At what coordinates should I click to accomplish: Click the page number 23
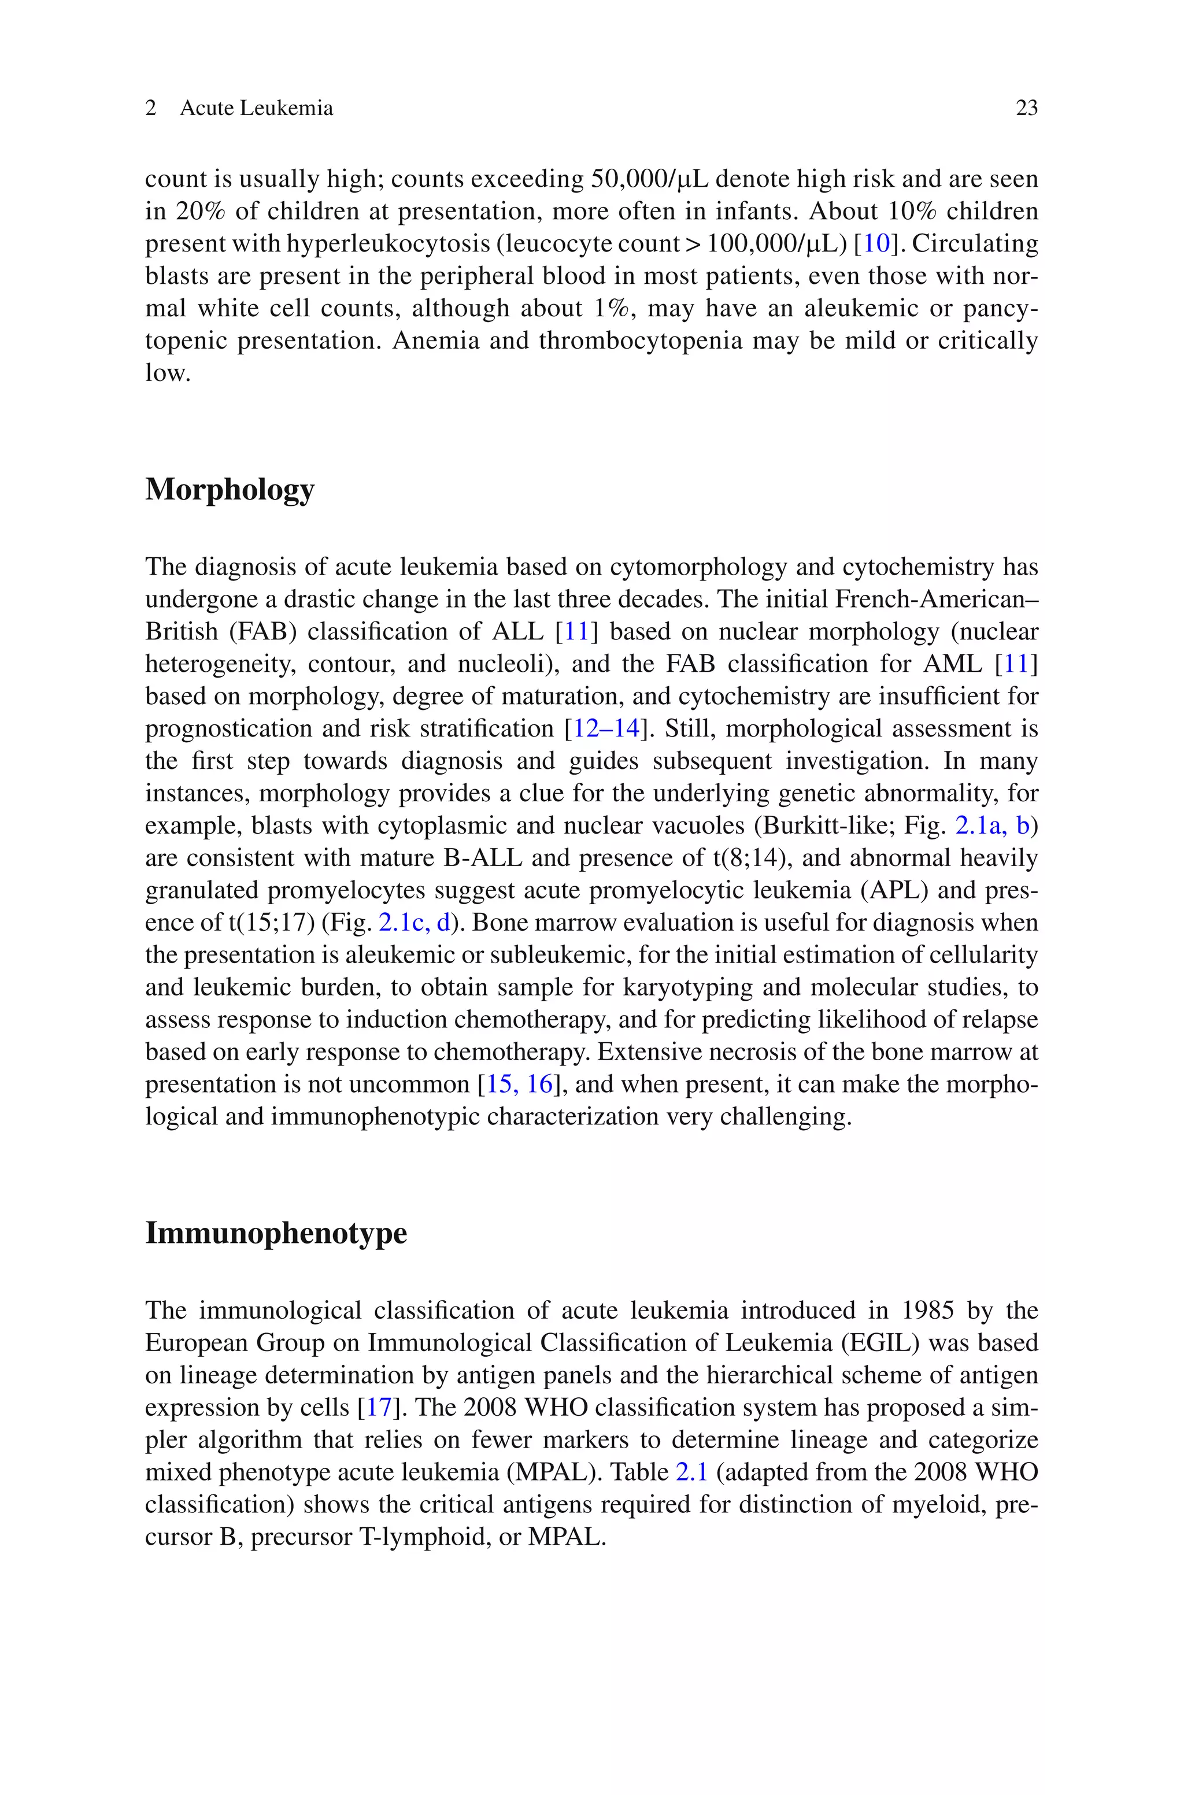click(1026, 109)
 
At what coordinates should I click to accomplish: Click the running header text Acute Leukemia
click(256, 109)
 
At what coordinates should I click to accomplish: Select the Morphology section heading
click(230, 489)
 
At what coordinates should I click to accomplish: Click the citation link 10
click(876, 244)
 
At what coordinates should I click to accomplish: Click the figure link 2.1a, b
click(992, 826)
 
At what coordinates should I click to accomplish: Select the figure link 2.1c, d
click(414, 923)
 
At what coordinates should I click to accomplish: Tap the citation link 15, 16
click(519, 1085)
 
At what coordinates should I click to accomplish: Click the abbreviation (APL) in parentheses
click(896, 891)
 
